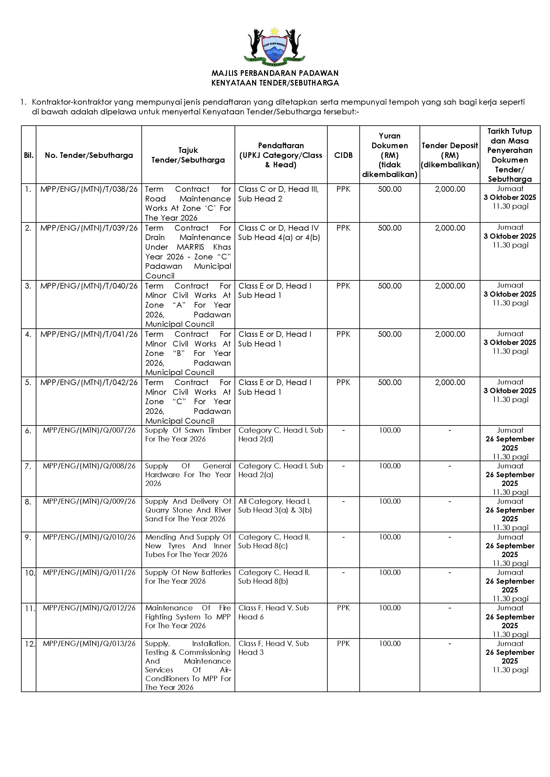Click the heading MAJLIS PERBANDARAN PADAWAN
click(275, 73)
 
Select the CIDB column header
click(343, 155)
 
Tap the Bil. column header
click(29, 155)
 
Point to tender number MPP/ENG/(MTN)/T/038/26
click(89, 189)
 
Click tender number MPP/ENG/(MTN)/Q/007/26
click(89, 430)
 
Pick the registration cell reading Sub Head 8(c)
click(263, 546)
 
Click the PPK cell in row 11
click(343, 608)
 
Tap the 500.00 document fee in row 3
click(389, 286)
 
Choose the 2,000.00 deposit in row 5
click(450, 383)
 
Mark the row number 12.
click(30, 644)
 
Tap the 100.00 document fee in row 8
click(389, 502)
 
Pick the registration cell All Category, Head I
click(274, 502)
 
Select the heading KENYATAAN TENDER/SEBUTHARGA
click(275, 83)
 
